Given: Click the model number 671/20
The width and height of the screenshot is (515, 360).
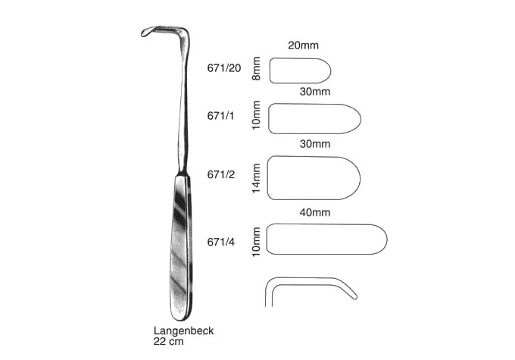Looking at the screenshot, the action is click(224, 68).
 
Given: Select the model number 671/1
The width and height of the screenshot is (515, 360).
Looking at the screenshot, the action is click(220, 116).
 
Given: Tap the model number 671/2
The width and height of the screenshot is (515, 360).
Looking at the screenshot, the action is click(221, 174).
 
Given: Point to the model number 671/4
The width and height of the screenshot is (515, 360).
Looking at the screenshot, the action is click(221, 243).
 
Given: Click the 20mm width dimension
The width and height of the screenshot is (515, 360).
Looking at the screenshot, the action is click(303, 45).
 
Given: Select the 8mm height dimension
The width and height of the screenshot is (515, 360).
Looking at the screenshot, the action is click(256, 68).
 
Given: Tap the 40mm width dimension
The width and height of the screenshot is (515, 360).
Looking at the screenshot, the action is click(314, 213).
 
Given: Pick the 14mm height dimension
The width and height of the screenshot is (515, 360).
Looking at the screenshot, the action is click(256, 178).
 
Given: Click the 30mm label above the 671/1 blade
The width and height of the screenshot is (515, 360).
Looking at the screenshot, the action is click(314, 92).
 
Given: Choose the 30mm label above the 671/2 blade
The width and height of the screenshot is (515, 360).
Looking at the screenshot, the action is click(314, 144).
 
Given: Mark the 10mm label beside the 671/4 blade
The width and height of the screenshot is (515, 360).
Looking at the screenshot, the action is click(256, 242).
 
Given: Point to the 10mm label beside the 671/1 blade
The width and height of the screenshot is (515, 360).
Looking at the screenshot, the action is click(256, 115).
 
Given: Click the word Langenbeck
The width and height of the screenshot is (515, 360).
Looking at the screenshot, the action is click(183, 330).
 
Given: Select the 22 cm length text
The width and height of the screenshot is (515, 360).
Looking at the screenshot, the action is click(168, 342).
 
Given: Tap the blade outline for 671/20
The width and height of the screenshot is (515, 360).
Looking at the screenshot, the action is click(300, 70).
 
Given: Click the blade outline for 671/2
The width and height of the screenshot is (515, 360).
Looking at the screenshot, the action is click(314, 178).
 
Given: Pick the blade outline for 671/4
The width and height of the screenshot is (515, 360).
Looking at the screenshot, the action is click(327, 239).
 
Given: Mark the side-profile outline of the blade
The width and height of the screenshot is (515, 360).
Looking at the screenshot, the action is click(311, 293).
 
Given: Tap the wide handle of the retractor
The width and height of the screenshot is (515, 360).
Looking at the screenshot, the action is click(181, 249).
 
